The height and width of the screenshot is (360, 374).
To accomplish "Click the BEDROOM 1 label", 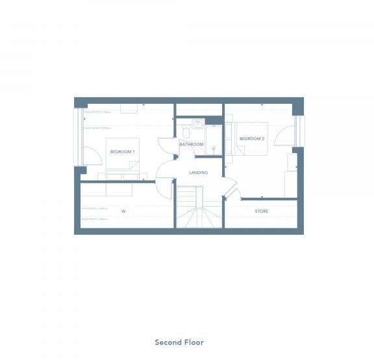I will (x=122, y=152).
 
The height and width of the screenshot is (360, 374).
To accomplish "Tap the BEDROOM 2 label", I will (x=251, y=139).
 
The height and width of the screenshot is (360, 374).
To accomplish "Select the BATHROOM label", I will (x=192, y=144).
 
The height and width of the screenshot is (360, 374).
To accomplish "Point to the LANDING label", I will (x=198, y=173).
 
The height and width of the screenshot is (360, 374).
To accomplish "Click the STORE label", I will (x=261, y=211).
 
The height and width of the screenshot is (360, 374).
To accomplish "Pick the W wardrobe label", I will (x=123, y=211).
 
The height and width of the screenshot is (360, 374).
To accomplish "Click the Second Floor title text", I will (x=179, y=342).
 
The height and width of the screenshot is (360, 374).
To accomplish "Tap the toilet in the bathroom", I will (x=186, y=132).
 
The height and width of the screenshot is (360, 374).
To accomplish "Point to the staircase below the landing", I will (x=198, y=208).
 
